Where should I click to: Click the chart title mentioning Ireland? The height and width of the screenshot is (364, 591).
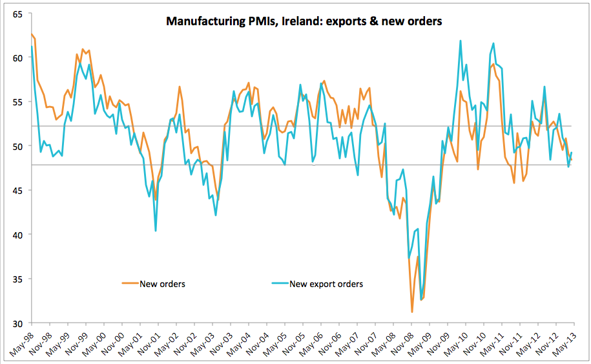(x=304, y=21)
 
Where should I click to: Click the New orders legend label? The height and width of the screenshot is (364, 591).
(x=162, y=283)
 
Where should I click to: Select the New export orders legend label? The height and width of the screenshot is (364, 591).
(x=326, y=283)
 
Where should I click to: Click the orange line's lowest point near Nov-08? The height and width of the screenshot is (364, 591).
(x=412, y=312)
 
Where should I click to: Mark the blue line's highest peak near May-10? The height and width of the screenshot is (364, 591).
(x=461, y=41)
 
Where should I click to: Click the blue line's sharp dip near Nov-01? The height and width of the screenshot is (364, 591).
(x=156, y=231)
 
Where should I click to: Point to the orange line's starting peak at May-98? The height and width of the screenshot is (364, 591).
(x=32, y=34)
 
